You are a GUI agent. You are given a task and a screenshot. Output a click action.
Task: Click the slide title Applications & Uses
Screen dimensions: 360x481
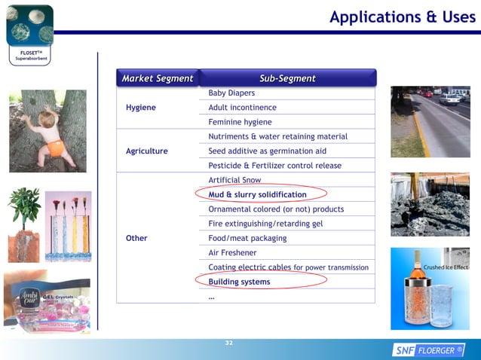402,17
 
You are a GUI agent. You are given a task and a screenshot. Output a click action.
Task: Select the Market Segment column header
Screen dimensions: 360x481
158,78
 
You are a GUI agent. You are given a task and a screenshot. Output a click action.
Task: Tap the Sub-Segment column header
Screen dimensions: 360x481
287,78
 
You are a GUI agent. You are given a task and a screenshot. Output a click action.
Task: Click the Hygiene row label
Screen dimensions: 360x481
141,108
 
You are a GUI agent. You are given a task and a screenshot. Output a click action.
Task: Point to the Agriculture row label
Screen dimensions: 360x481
147,151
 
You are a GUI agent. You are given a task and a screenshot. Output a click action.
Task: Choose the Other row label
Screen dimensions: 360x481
136,238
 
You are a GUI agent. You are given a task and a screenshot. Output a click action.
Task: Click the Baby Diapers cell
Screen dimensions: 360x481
231,93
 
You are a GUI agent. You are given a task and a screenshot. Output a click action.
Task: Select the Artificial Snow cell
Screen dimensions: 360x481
234,180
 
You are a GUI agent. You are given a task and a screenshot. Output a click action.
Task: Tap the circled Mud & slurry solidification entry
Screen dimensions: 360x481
257,194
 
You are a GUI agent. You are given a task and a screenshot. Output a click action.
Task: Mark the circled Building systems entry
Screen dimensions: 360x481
239,282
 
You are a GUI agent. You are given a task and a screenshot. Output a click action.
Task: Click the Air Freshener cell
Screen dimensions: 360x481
232,253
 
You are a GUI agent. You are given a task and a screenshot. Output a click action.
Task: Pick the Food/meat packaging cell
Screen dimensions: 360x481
247,238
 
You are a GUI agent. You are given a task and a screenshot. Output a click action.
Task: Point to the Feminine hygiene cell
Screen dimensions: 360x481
240,122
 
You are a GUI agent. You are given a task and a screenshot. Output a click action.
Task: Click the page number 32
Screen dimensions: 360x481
229,343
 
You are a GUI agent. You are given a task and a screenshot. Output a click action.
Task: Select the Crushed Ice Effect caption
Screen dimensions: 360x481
445,267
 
